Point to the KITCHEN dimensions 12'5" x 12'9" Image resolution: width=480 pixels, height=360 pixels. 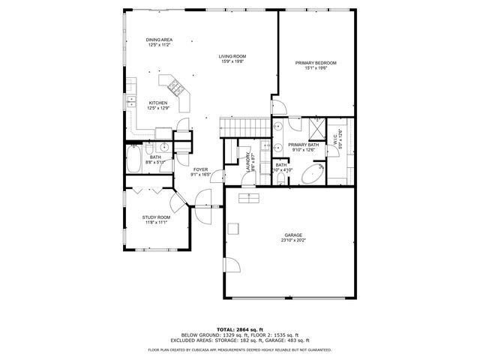pyautogui.click(x=157, y=108)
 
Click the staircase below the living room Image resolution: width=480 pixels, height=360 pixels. pyautogui.click(x=243, y=127)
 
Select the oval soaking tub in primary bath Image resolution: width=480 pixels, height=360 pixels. pyautogui.click(x=312, y=175)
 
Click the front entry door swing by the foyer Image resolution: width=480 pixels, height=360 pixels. pyautogui.click(x=201, y=199)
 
